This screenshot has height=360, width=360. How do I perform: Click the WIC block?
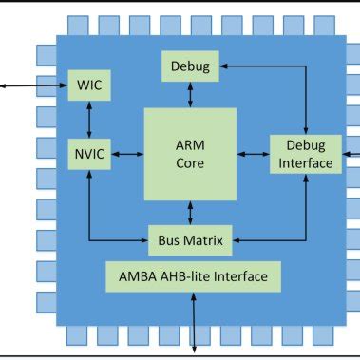click(88, 86)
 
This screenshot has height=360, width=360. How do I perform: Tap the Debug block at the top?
click(190, 66)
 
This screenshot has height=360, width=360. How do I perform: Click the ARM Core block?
click(190, 153)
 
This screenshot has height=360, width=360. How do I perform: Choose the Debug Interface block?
click(305, 153)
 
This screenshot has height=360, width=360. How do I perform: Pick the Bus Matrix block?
click(190, 240)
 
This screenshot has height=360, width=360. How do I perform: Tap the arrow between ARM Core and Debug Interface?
click(254, 153)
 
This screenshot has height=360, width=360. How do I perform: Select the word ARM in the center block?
click(190, 144)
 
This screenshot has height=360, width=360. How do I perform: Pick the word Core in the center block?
click(190, 162)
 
